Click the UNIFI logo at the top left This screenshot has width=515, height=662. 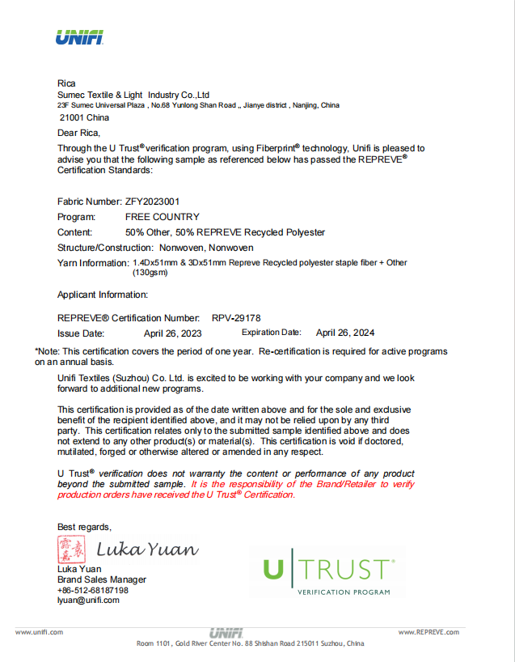click(x=79, y=37)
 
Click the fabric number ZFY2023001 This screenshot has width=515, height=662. click(x=152, y=201)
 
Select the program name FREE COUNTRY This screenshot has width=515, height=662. click(x=162, y=217)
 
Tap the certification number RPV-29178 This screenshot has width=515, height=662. click(x=236, y=318)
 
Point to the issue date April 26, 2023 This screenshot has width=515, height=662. click(x=172, y=333)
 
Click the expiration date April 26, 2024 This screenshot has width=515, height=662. click(x=345, y=333)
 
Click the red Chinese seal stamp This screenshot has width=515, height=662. click(x=71, y=550)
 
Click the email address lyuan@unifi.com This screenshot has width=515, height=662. click(x=87, y=600)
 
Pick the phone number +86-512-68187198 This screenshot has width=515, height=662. click(x=93, y=590)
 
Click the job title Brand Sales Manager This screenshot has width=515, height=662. click(x=102, y=579)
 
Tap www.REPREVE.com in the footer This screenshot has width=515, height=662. click(x=428, y=632)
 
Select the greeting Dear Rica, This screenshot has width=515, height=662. click(x=79, y=133)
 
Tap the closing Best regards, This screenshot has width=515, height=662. click(x=84, y=527)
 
